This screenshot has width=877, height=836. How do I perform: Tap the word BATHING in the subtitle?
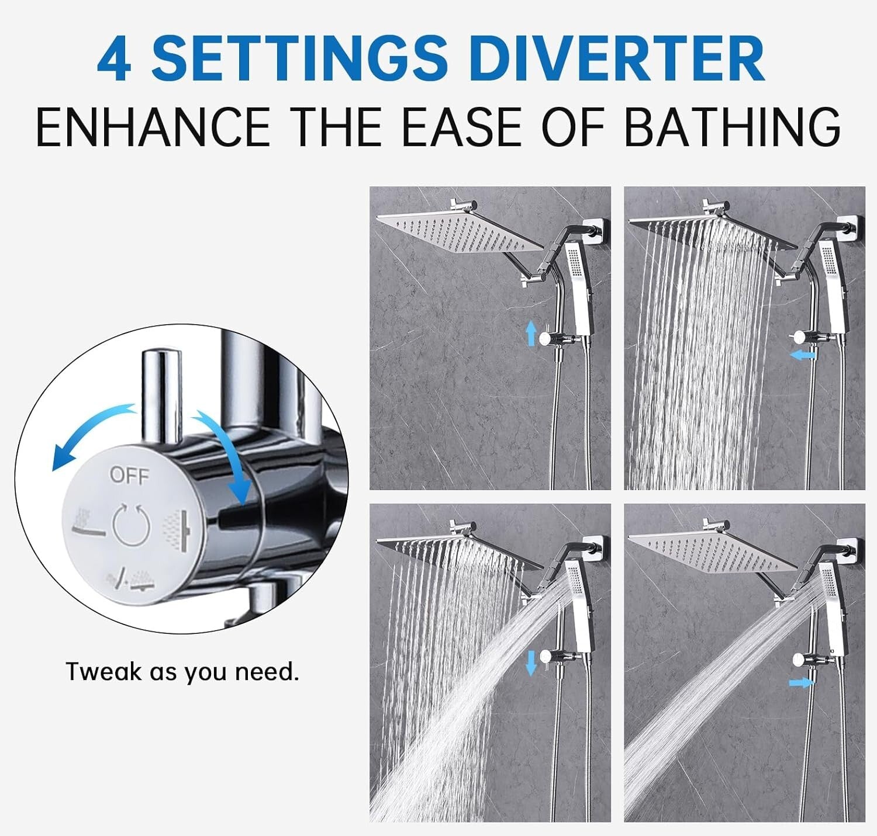click(732, 127)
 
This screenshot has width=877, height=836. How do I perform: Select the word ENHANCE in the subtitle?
click(152, 127)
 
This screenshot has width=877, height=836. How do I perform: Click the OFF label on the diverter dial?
click(129, 476)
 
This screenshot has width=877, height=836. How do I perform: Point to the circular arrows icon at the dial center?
click(132, 525)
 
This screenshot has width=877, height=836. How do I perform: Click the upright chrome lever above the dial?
click(162, 394)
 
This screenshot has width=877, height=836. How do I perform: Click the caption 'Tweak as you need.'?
click(182, 672)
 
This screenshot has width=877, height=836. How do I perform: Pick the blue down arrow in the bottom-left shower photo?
click(531, 662)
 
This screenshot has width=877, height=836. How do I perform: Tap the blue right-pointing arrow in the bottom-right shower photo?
click(801, 682)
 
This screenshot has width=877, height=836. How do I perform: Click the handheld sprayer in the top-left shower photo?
click(581, 280)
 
